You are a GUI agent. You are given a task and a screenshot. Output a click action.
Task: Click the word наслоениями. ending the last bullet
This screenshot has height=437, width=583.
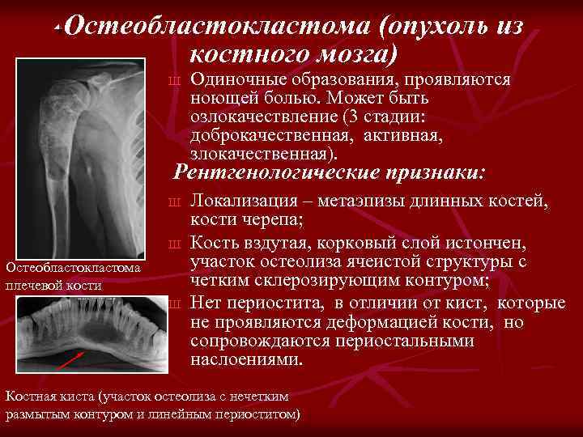pos(246,359)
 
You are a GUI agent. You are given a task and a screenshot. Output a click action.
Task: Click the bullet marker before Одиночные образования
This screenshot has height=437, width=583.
pos(173,80)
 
